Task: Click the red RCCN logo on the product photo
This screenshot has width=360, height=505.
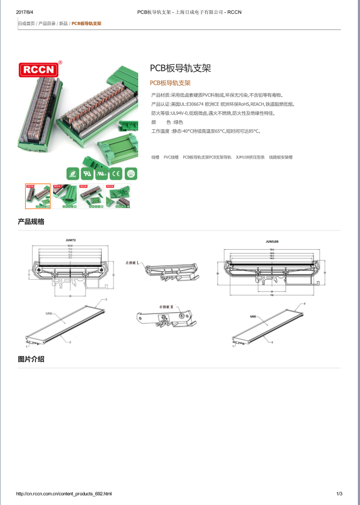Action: pos(41,69)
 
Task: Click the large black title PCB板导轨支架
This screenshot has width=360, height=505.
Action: pos(180,68)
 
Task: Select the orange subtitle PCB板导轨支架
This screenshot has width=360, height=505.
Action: pos(170,83)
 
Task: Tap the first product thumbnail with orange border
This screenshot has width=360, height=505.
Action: pos(38,196)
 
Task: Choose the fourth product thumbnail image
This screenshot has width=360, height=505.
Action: pos(118,196)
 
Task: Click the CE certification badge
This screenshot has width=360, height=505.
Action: pos(116,173)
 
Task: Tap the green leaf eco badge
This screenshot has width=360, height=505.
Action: pos(72,173)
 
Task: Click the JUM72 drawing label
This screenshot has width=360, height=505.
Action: pos(71,241)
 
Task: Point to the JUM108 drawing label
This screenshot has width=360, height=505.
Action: pos(272,241)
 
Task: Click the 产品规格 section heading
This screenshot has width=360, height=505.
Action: pos(31,222)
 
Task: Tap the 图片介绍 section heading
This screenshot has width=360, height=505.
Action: pos(31,359)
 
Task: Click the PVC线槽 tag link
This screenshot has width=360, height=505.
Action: pos(171,157)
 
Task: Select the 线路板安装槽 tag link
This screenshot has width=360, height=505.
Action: pos(281,157)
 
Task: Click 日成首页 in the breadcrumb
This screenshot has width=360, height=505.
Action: pos(26,24)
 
